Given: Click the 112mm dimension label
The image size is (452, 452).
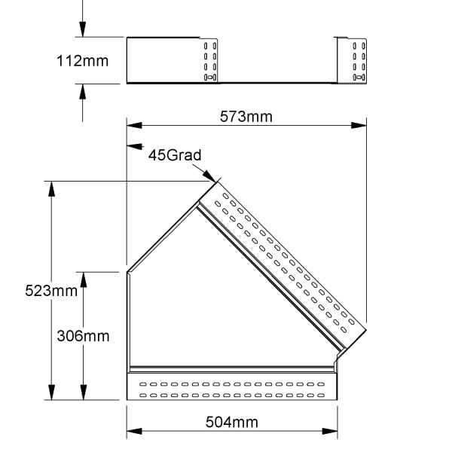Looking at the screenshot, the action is [82, 61].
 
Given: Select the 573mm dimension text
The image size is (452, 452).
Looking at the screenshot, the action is [246, 117].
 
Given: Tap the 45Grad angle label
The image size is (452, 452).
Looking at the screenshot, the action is [175, 155].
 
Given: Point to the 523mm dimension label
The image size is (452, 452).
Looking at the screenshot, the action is [51, 291].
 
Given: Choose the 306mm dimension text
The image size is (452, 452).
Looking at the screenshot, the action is [83, 336].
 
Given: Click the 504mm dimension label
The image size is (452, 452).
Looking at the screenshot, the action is [232, 423].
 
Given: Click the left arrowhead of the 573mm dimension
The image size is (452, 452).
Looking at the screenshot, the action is [134, 125].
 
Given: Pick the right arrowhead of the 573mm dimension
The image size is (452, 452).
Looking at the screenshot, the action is [359, 125].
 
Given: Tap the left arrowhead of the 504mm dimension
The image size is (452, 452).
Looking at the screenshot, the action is [134, 431].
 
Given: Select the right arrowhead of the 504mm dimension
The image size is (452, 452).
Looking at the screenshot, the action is [330, 431].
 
